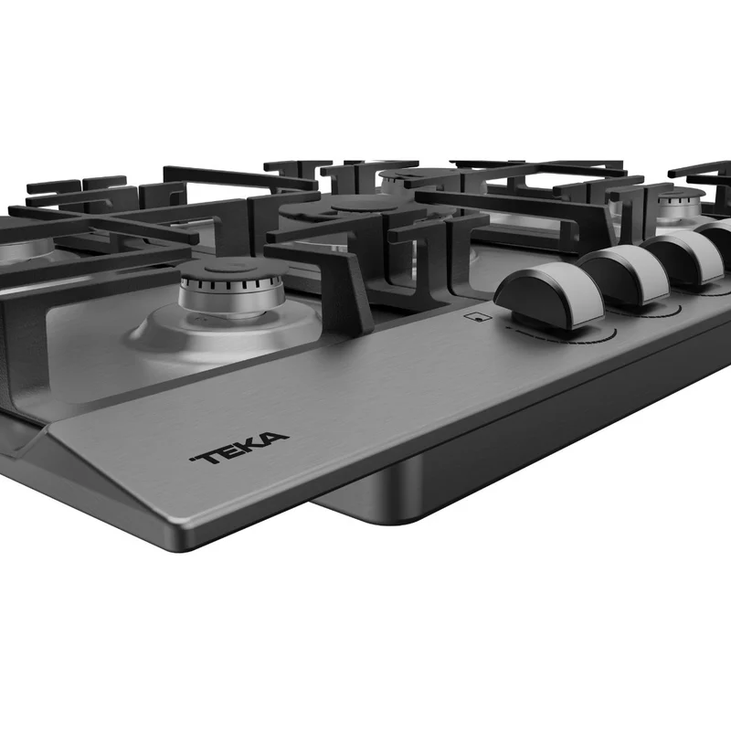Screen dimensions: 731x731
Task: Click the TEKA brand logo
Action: (239, 448)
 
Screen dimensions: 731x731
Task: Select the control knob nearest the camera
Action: (549, 299)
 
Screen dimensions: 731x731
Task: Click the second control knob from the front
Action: (624, 274)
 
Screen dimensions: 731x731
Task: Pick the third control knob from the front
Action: (684, 257)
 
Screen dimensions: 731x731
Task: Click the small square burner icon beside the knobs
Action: (478, 317)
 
